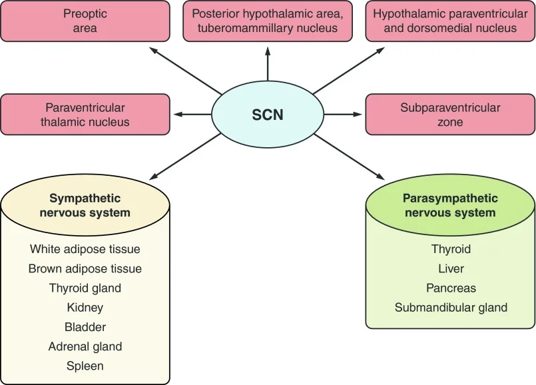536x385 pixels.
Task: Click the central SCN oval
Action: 268,115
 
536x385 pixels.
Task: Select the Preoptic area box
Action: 85,21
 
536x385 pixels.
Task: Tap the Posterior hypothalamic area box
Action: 268,21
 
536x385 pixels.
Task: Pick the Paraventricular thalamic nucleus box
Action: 85,115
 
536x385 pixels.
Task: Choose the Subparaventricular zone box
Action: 450,115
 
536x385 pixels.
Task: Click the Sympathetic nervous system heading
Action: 85,205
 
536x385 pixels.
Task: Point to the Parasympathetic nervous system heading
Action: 450,205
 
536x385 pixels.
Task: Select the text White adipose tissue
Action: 85,249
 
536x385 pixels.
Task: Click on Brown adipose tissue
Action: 85,268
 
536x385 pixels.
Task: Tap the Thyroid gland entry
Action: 85,288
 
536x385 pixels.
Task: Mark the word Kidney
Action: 85,307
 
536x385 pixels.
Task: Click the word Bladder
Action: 85,327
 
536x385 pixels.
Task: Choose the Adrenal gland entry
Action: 85,346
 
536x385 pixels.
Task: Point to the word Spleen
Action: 85,366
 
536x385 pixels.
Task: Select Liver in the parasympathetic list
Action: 451,268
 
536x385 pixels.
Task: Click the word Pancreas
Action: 451,288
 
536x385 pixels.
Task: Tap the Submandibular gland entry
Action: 451,307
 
